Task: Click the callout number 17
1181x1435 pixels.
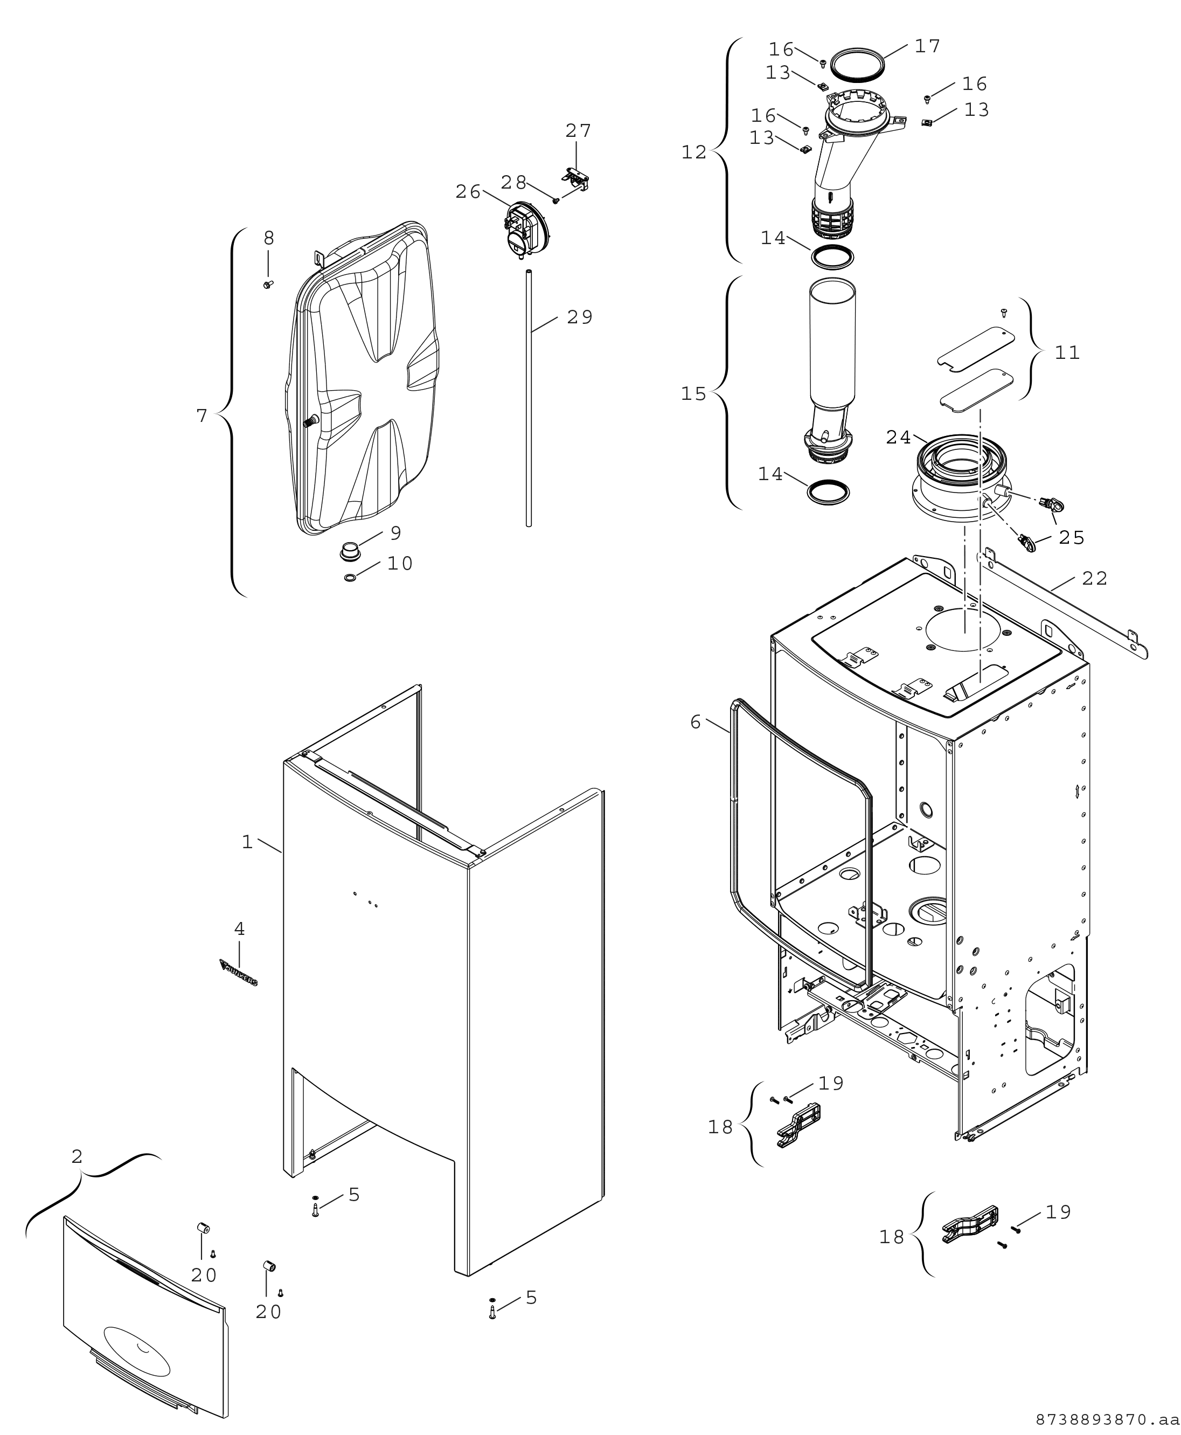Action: (927, 46)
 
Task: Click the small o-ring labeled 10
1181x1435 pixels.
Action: (350, 578)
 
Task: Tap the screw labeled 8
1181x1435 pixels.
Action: (267, 284)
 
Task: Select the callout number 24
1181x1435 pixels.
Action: (898, 438)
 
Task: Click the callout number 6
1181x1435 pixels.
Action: (695, 722)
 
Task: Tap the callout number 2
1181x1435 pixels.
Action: (77, 1156)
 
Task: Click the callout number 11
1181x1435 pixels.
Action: (1067, 352)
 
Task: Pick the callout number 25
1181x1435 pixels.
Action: (1072, 538)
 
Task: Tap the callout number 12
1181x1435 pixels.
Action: (694, 152)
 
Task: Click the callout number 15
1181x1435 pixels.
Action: (694, 394)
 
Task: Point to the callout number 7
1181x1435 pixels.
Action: (202, 415)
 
